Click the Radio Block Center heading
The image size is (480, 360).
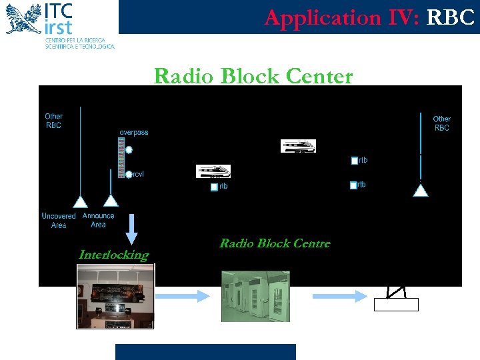[x=253, y=76]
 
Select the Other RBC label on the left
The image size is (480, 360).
[x=54, y=121]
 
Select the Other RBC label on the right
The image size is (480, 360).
[x=441, y=123]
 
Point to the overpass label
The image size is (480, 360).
[x=134, y=132]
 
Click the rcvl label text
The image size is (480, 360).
[x=139, y=175]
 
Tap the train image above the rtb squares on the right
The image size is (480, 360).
[x=298, y=146]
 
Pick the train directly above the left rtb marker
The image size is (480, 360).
[x=213, y=171]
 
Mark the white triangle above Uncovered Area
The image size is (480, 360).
[x=80, y=200]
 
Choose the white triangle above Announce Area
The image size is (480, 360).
[x=111, y=199]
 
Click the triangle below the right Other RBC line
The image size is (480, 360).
[x=421, y=191]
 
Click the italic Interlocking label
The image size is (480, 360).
[x=113, y=255]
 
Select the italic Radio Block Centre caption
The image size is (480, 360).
[x=275, y=243]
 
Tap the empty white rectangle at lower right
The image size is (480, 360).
[x=396, y=305]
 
